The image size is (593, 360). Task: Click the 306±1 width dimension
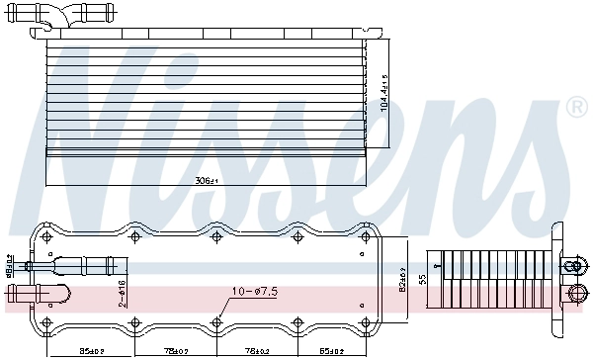[x=206, y=181]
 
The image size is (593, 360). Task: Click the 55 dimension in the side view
[x=423, y=280]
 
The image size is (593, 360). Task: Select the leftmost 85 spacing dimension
[x=92, y=349]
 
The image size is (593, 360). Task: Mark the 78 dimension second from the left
[x=177, y=349]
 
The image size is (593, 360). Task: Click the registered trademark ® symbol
[x=576, y=104]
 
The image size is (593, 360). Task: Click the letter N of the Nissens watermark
[x=84, y=109]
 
